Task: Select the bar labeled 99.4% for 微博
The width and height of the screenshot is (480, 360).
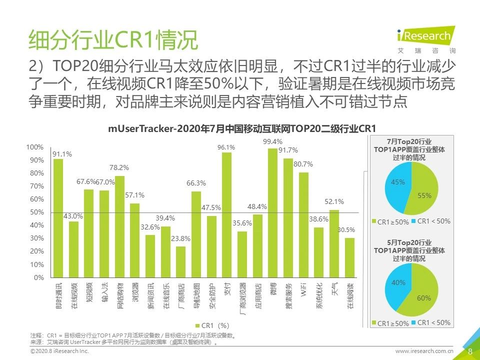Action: point(272,212)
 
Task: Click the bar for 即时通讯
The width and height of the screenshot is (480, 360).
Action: point(58,218)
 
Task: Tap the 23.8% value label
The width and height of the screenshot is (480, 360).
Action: point(180,238)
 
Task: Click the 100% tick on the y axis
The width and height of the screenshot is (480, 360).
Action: point(35,147)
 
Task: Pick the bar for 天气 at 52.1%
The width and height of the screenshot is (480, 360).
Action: point(334,243)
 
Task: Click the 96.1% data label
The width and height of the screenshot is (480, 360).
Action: point(226,147)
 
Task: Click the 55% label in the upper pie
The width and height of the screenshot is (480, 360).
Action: point(424,196)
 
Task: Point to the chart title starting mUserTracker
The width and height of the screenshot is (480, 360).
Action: point(242,128)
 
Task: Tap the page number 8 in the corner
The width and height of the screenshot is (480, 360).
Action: point(470,351)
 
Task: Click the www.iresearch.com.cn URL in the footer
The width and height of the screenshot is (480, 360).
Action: point(424,352)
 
